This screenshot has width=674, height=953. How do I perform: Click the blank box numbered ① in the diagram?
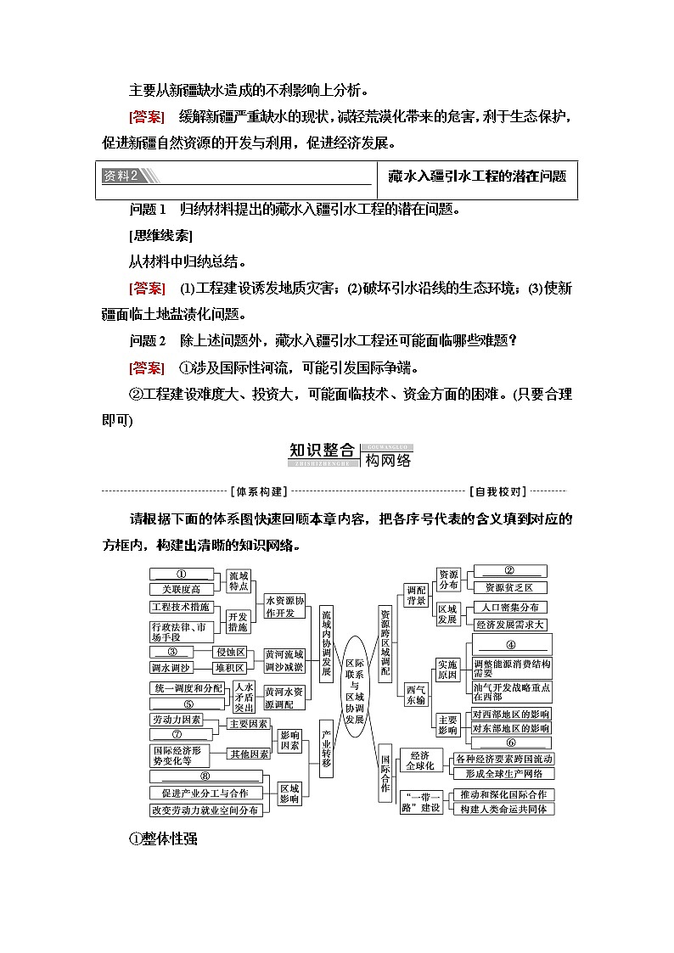[180, 575]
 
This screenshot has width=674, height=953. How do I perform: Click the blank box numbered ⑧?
[203, 776]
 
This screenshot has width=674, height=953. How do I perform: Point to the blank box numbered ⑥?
[510, 743]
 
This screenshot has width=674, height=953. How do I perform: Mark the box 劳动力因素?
[177, 720]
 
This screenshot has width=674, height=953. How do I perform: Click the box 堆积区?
[229, 667]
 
